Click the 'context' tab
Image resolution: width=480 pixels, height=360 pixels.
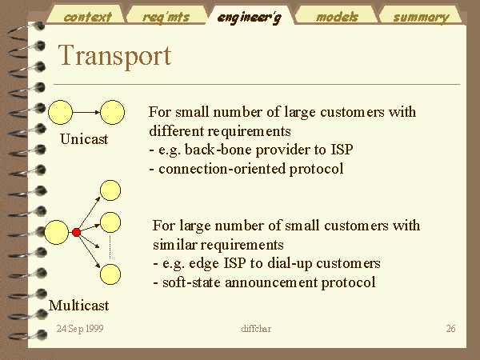87,17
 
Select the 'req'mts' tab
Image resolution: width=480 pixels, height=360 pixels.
166,17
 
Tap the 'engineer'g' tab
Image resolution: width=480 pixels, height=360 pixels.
249,18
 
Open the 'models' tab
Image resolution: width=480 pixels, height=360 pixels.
337,17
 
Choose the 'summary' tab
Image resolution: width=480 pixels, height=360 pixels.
422,18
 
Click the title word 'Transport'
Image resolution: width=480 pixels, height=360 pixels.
114,55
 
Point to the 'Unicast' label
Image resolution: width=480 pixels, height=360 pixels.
84,139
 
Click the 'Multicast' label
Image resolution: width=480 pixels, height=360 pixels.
78,306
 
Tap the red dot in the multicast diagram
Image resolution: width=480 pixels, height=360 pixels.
76,232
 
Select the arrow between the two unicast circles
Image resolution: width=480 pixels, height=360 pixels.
86,112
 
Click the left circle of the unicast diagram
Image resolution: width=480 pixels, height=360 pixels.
61,112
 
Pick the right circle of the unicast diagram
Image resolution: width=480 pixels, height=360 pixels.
113,112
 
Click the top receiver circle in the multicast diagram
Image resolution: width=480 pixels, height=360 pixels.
110,190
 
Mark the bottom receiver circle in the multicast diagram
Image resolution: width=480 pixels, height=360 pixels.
110,274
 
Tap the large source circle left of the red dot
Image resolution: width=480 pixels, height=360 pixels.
57,232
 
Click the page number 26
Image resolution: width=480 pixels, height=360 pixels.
450,329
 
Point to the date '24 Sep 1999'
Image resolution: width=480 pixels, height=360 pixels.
80,329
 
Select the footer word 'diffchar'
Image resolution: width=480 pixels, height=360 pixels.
256,329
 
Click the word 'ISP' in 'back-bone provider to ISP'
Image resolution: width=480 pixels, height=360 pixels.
342,150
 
